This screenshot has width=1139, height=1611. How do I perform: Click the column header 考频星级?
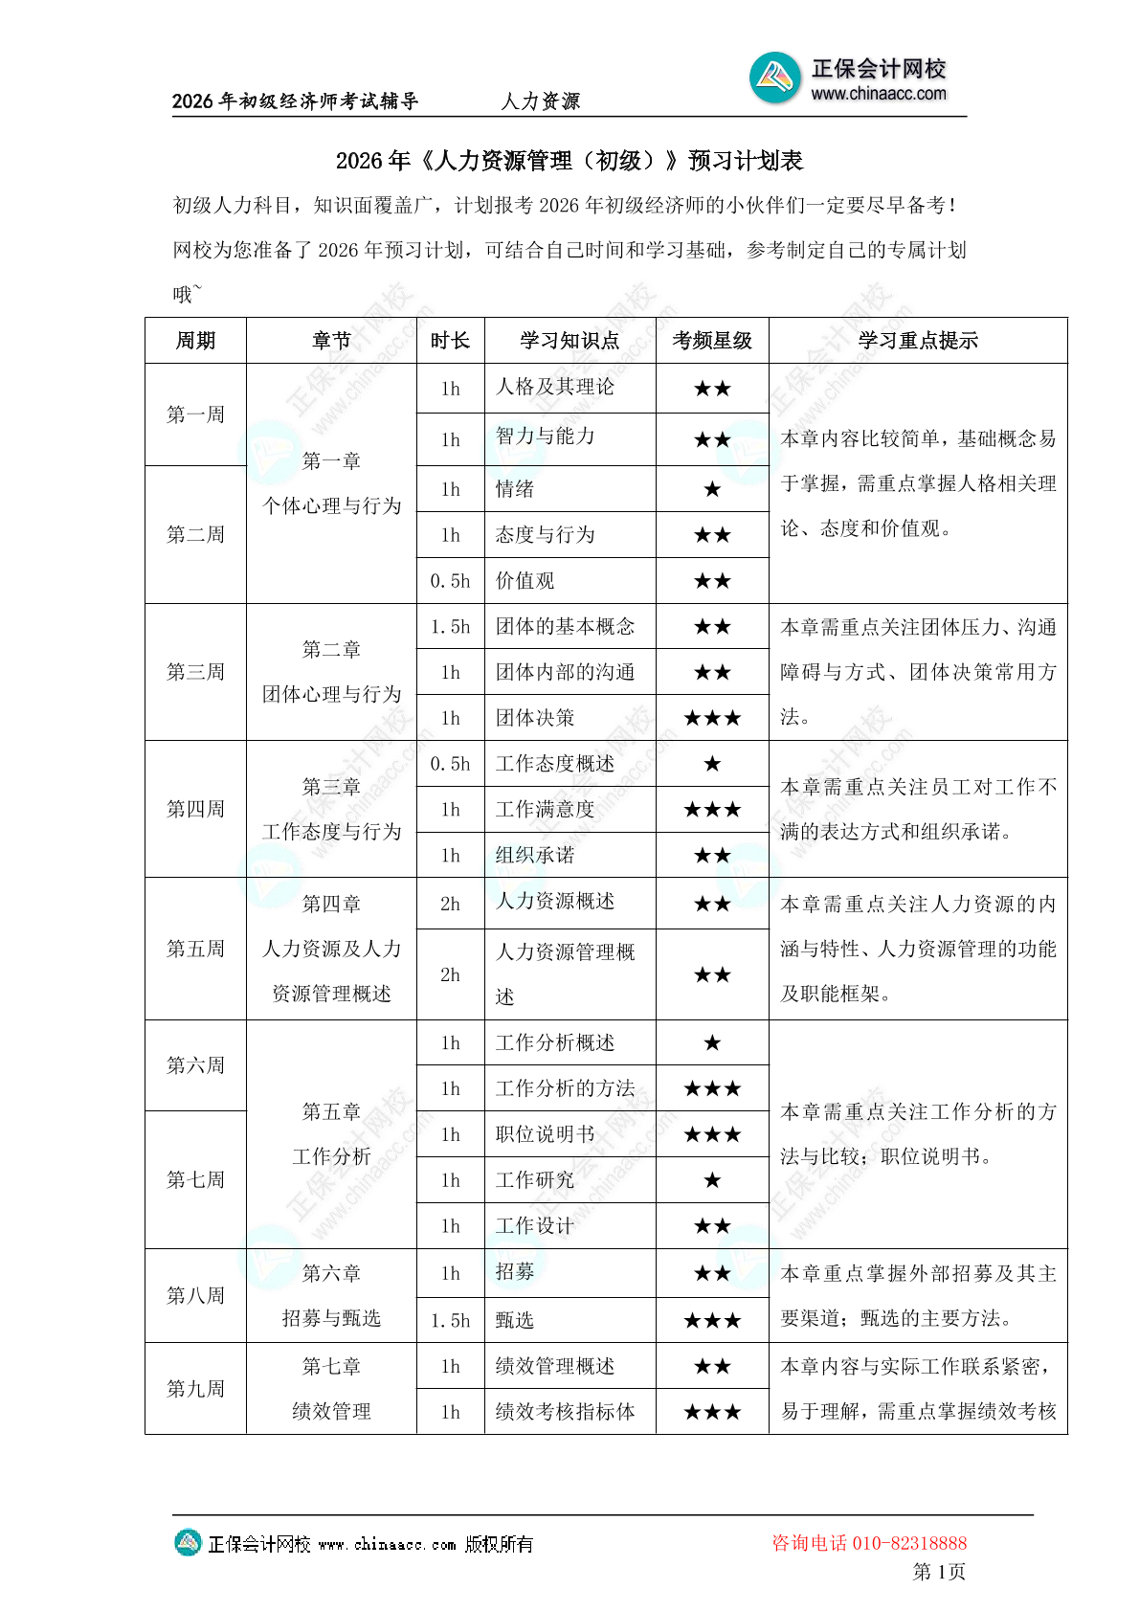(712, 341)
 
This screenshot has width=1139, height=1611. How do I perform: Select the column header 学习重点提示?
(917, 341)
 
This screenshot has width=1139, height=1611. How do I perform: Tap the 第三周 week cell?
(195, 672)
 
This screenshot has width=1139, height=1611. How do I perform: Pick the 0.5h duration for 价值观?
(450, 581)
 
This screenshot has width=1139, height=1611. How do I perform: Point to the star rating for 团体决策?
(712, 718)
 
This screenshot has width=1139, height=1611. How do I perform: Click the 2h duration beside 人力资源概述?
(450, 904)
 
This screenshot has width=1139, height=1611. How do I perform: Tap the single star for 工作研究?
(712, 1180)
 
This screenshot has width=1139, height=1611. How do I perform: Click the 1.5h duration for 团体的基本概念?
(450, 627)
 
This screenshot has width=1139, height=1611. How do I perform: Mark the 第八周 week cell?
(195, 1295)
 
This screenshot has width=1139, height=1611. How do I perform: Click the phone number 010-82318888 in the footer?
(909, 1543)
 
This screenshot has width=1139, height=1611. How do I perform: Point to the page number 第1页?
(939, 1572)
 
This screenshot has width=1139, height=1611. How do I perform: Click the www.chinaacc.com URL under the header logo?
(878, 94)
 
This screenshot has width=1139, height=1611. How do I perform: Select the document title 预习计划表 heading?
(569, 161)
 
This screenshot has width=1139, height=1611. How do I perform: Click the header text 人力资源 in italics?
(540, 101)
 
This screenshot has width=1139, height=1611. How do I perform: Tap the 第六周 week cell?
(195, 1065)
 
